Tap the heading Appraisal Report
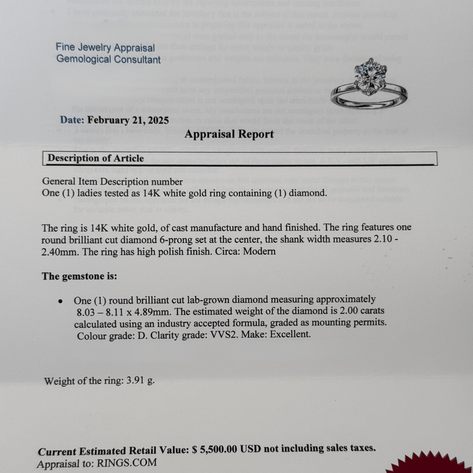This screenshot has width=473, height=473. click(229, 134)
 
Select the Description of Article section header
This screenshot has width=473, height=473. click(96, 158)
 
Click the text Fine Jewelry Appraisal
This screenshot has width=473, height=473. click(105, 48)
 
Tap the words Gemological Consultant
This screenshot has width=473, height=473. click(108, 59)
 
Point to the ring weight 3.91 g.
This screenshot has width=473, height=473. click(140, 381)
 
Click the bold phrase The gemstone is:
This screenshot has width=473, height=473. click(79, 276)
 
